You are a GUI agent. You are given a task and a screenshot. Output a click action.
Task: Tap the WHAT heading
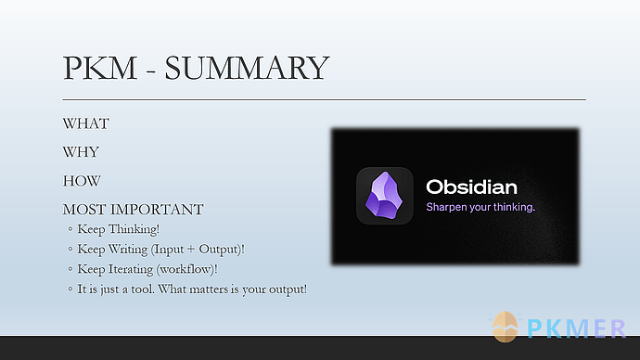click(85, 123)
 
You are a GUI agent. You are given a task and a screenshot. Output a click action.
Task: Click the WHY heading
click(81, 152)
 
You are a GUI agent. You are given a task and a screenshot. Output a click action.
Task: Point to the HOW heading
click(82, 181)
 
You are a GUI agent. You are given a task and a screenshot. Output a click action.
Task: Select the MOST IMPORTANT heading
click(133, 210)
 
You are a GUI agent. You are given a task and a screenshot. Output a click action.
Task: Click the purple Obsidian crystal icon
click(384, 196)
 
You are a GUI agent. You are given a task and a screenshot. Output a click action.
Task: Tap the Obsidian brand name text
click(471, 186)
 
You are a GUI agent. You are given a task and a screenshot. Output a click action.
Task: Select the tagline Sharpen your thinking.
click(480, 207)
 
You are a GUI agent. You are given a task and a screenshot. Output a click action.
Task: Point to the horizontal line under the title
click(324, 98)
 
